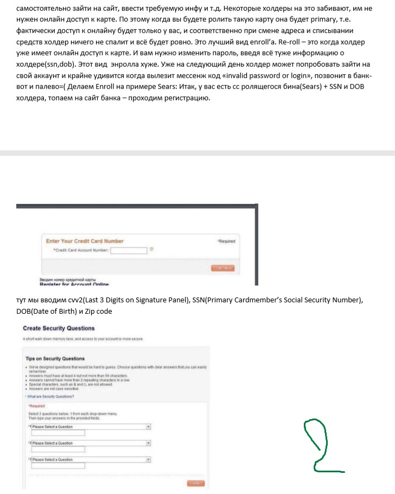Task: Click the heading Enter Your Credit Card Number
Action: pos(85,241)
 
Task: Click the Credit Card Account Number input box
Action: pos(129,250)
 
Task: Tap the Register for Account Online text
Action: pos(74,284)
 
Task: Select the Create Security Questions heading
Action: pos(59,328)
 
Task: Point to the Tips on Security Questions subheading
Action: pos(55,358)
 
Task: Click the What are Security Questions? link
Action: pos(52,396)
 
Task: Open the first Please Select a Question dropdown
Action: pos(90,427)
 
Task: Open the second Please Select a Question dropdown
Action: pos(90,443)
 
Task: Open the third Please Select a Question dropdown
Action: pos(90,459)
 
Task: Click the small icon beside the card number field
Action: pos(151,250)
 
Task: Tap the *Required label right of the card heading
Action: pos(226,241)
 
